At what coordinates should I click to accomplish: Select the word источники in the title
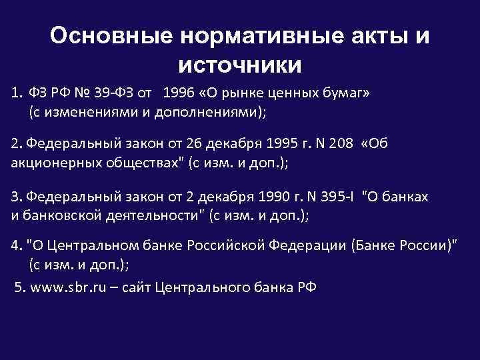240,65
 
